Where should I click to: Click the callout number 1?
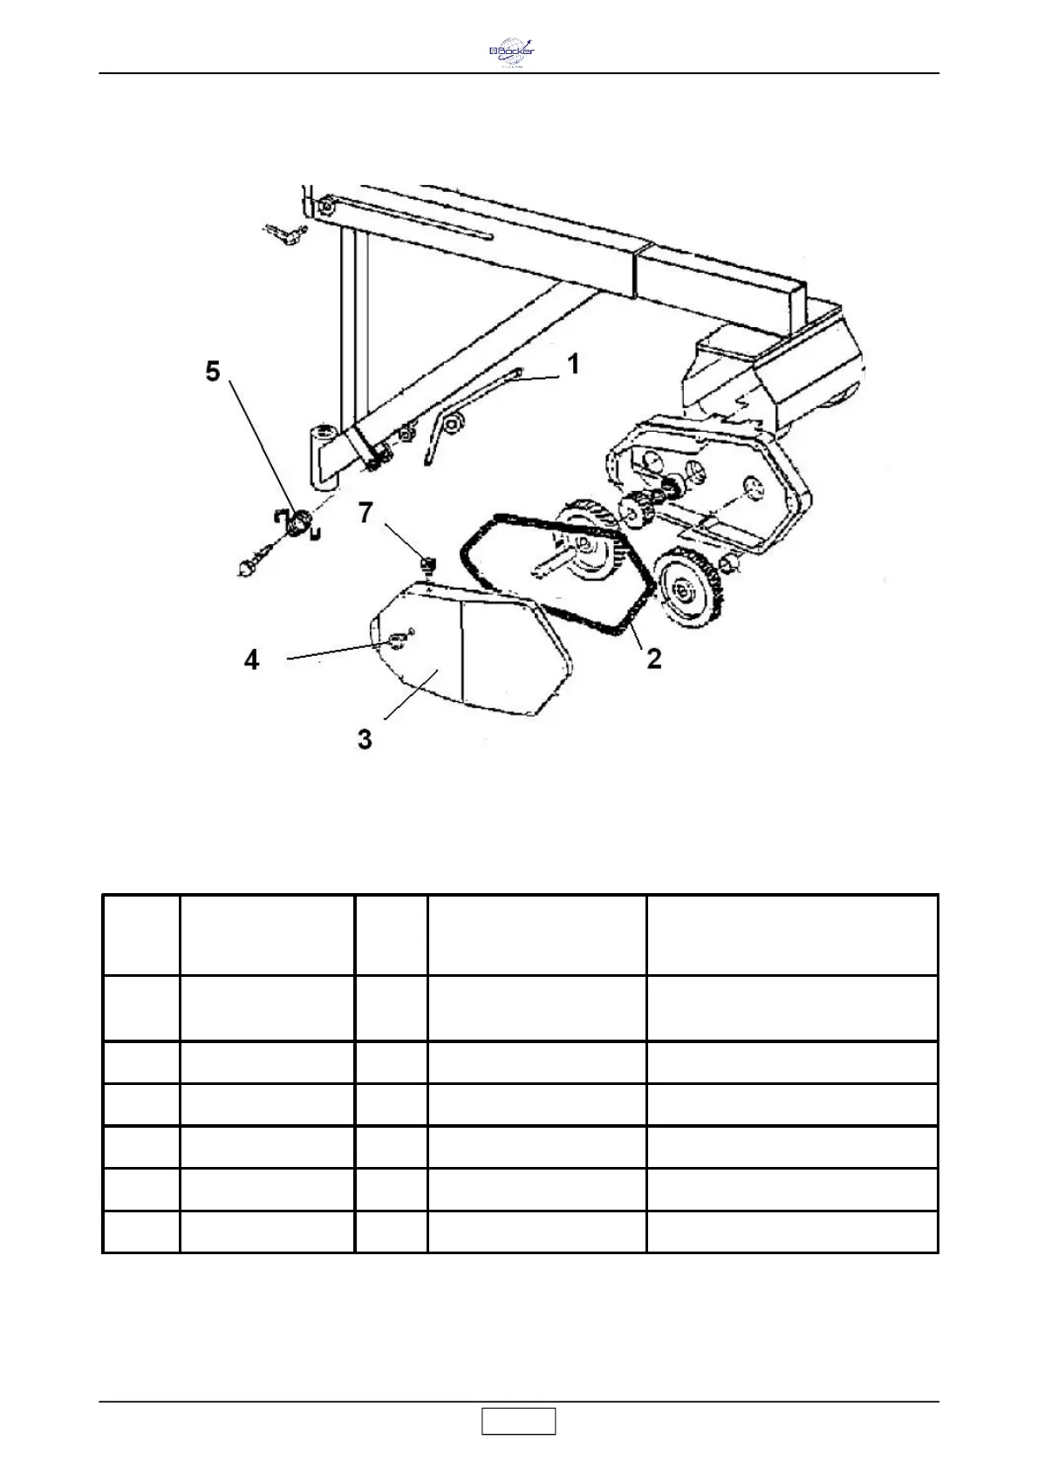click(x=573, y=364)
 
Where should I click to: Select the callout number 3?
click(x=365, y=740)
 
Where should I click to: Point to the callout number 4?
click(x=251, y=659)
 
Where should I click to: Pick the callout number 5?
click(x=213, y=372)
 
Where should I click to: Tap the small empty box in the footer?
click(x=518, y=1421)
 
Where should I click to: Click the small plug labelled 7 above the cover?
click(x=427, y=564)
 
